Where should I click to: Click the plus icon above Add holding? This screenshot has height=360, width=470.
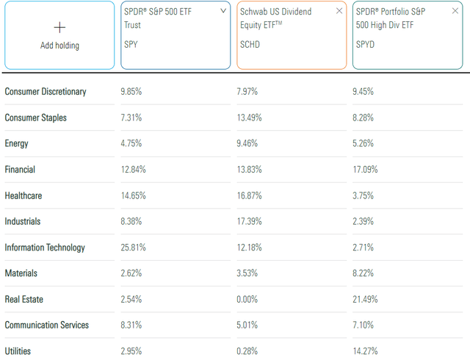coord(60,27)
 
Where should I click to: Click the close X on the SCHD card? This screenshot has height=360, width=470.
coord(339,11)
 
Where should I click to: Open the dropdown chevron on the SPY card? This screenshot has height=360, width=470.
coord(223,11)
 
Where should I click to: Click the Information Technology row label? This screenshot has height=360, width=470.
coord(45,248)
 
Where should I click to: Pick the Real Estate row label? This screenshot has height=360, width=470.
coord(28,299)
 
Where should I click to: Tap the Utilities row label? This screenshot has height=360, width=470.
coord(18,351)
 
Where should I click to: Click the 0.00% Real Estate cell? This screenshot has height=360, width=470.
coord(247,299)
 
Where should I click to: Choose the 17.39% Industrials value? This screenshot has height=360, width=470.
coord(250,221)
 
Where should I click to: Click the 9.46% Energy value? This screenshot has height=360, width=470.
coord(247,143)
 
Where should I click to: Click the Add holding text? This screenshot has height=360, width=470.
coord(60,46)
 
